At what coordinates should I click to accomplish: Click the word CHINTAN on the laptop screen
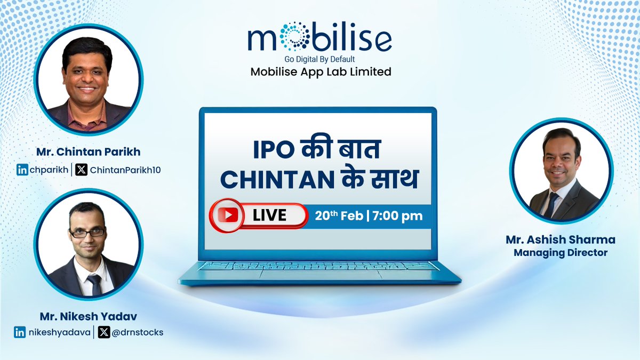[270, 180]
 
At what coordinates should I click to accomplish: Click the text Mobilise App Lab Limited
[321, 71]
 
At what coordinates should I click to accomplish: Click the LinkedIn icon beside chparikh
[22, 170]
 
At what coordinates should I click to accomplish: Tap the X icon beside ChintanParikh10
[82, 170]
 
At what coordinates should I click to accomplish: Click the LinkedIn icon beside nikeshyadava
[20, 332]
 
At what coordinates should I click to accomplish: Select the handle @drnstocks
[138, 332]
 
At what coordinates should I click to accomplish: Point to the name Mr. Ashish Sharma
[561, 241]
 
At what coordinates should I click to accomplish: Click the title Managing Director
[561, 253]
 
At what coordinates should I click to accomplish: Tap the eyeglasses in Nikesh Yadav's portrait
[87, 232]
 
